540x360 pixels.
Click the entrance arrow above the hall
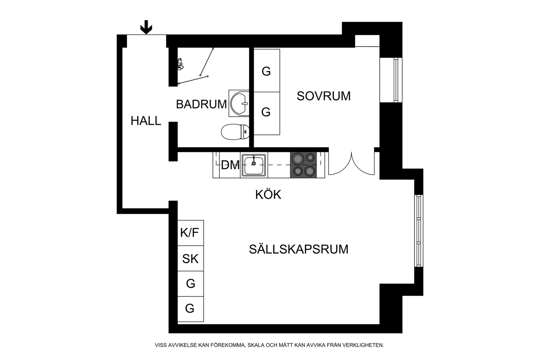point(146,27)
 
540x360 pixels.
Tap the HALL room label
point(146,121)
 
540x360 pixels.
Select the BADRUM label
point(201,104)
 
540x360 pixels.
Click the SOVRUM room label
point(324,96)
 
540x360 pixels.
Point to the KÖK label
point(268,195)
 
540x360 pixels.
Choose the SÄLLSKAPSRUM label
point(298,249)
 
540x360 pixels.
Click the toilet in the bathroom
point(235,132)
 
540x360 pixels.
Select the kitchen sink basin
point(254,165)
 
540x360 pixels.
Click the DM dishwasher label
point(230,165)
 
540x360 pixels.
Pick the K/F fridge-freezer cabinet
point(190,233)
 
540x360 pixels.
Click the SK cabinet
point(190,258)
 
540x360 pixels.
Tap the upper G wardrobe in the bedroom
point(266,71)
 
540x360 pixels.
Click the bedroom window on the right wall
point(395,80)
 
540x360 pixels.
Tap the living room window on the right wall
point(418,231)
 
